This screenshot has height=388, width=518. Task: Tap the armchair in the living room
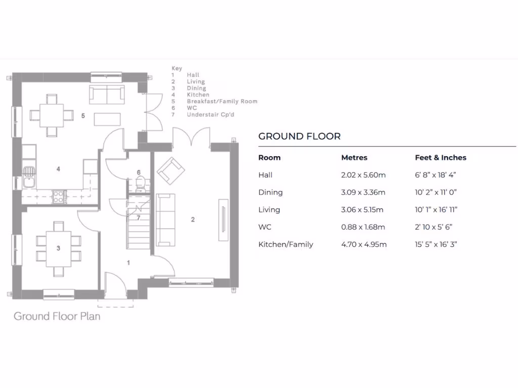(170, 171)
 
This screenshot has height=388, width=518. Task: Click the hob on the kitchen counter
(59, 196)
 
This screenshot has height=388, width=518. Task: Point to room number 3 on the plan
(58, 248)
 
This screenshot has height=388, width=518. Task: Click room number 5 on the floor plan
(83, 116)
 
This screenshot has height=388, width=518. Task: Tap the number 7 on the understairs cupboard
(139, 218)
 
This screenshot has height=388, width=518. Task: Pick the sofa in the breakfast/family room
(107, 94)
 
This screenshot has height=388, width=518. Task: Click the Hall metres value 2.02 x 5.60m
(363, 175)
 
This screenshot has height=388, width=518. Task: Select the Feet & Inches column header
(440, 158)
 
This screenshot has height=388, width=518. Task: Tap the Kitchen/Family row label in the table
(285, 245)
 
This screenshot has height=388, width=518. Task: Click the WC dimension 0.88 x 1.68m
(363, 227)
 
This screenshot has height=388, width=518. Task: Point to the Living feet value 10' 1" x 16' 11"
(439, 210)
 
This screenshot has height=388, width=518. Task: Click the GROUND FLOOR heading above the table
(299, 136)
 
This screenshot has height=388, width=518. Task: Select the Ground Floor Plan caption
(57, 316)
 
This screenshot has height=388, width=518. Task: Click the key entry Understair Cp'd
(210, 115)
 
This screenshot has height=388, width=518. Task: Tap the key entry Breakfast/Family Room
(222, 102)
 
